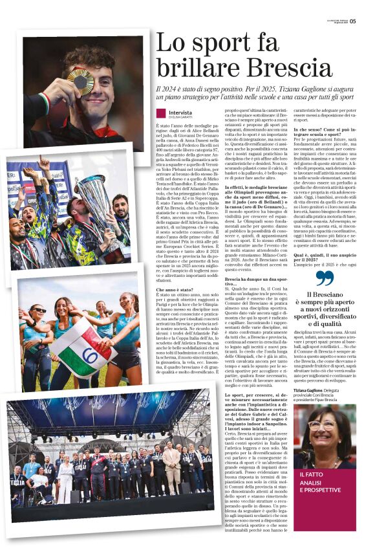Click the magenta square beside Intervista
pos(160,113)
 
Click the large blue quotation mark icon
pos(325,278)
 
